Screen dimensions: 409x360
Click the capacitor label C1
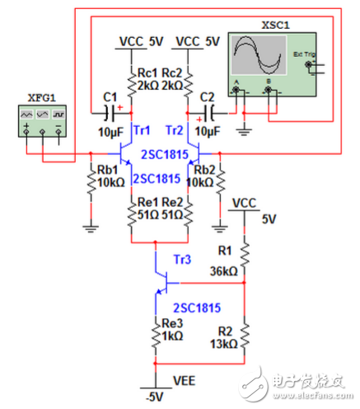coord(110,96)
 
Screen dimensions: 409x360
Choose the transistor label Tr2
coord(174,129)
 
